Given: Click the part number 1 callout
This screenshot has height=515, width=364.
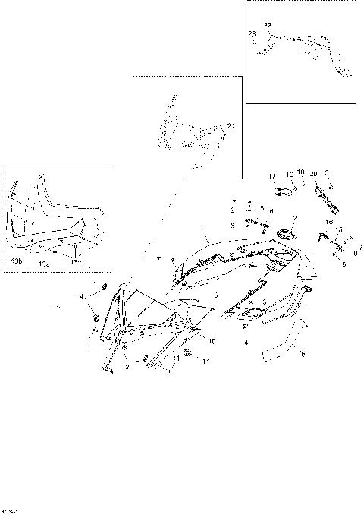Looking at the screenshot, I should (x=201, y=229).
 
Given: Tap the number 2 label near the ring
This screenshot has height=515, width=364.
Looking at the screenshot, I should (x=295, y=218).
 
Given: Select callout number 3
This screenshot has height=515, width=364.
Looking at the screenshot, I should (x=326, y=173).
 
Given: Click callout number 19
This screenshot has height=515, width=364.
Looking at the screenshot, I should (x=289, y=175).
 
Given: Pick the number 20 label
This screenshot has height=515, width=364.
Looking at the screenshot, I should (x=312, y=174).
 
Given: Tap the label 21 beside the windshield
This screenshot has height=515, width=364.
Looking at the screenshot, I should (x=231, y=125).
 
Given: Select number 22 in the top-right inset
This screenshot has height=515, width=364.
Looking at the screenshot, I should (x=267, y=25).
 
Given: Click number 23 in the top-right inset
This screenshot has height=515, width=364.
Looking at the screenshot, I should (x=252, y=34).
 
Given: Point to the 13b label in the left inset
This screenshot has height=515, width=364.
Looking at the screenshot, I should (x=17, y=261).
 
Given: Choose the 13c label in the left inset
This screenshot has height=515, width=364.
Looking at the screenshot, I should (x=76, y=261).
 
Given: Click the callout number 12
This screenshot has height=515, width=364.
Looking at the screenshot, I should (x=126, y=367).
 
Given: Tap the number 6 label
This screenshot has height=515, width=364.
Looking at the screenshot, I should (x=305, y=353).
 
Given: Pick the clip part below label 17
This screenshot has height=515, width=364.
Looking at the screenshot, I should (x=282, y=191).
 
